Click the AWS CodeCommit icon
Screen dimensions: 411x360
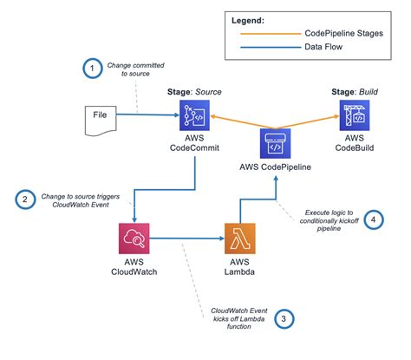(x=194, y=115)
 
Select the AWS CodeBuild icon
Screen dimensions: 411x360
(x=355, y=115)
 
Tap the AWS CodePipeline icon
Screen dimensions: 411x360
(x=275, y=143)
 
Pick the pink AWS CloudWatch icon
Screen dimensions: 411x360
(x=134, y=239)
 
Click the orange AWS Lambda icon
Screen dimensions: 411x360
(x=240, y=239)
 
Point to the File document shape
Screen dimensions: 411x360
(x=101, y=121)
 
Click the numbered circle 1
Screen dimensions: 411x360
(x=93, y=69)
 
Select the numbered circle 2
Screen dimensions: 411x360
(x=25, y=200)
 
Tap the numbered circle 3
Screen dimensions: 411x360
(x=284, y=319)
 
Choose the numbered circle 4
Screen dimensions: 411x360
(x=374, y=219)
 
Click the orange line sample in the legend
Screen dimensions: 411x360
(x=271, y=34)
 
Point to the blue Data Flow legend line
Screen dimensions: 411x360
(x=271, y=47)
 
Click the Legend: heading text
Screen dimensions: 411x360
(x=248, y=21)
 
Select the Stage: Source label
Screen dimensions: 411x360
(x=194, y=92)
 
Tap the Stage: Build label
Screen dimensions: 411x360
(x=355, y=92)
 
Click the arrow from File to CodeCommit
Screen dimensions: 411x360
(x=147, y=115)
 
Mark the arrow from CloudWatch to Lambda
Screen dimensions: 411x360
(x=187, y=239)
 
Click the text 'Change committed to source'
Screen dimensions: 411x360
(x=135, y=69)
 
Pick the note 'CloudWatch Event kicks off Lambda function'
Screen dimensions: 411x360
(x=238, y=318)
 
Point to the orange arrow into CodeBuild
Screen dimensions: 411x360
(x=307, y=122)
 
